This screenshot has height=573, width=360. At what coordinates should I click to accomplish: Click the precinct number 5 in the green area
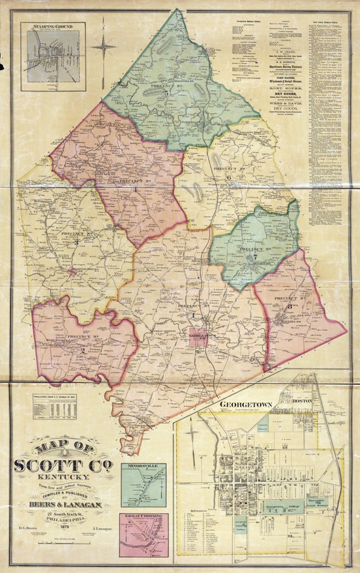167,92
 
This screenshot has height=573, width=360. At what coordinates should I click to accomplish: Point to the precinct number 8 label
290,306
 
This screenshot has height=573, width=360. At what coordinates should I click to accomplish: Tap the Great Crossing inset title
144,516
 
